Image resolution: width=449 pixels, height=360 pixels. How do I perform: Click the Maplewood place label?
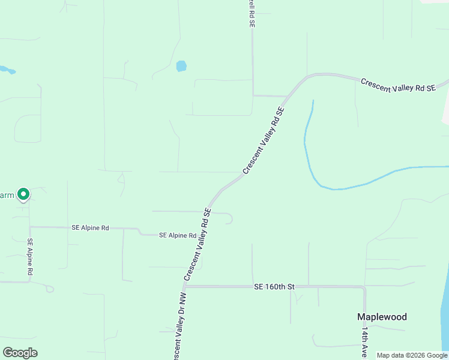click(382, 317)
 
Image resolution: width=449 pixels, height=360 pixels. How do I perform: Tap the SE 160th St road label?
click(274, 287)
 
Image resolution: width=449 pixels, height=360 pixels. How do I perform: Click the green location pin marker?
click(23, 194)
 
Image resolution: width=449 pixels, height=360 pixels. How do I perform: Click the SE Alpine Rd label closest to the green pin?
click(90, 228)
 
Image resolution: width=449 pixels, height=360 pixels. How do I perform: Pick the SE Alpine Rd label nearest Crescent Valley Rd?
click(178, 236)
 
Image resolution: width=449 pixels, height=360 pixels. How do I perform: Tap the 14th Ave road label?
click(364, 342)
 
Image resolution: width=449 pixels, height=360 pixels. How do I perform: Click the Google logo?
click(20, 353)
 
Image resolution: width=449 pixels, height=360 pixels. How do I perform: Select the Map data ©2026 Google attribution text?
click(412, 355)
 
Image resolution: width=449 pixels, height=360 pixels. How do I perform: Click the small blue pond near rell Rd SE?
click(181, 66)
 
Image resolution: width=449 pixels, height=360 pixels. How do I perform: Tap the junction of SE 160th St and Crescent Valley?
click(185, 287)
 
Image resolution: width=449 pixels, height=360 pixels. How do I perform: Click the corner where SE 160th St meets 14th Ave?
click(364, 288)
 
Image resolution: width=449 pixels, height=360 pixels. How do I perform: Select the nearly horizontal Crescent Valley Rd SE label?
click(397, 85)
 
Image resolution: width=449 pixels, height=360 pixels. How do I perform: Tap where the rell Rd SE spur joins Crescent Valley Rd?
click(287, 95)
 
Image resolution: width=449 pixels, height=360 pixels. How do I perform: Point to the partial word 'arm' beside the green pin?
click(7, 195)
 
